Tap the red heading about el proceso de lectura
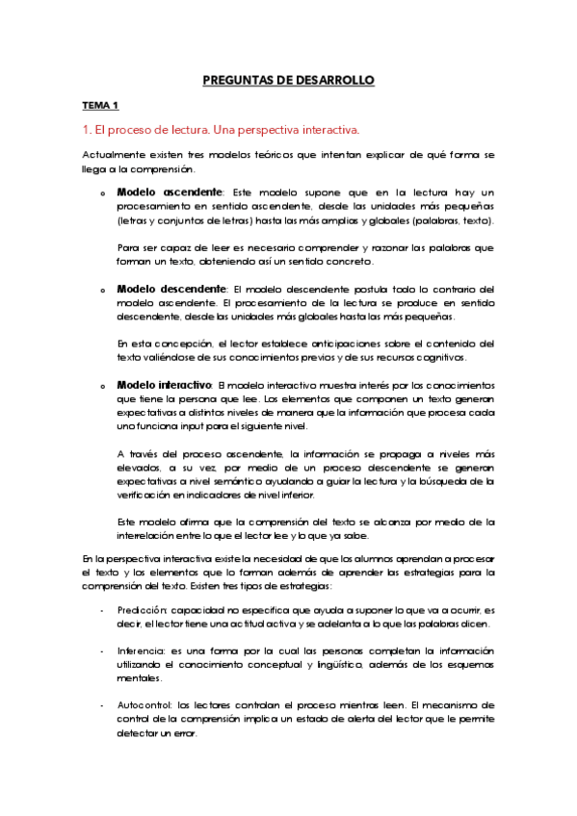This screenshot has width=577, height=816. point(221,129)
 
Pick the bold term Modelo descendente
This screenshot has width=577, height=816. point(172,289)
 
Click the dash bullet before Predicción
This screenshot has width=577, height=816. point(103,611)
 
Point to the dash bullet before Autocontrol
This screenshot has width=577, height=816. point(103,705)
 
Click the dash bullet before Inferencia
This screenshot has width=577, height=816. point(103,651)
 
